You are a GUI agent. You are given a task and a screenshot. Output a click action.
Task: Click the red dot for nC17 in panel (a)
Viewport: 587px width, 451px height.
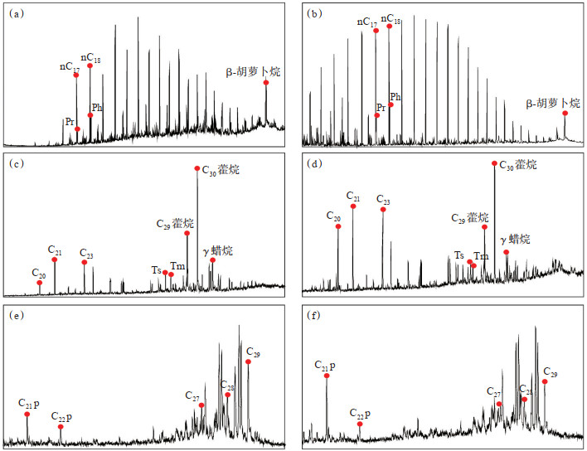[x=76, y=75]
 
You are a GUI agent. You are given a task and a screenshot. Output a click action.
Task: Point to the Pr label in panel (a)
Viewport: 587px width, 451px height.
[x=70, y=122]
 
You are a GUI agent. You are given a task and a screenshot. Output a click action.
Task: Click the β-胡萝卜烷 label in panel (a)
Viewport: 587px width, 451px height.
[x=254, y=72]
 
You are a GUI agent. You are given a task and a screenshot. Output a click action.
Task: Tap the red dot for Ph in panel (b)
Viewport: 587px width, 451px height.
[x=391, y=105]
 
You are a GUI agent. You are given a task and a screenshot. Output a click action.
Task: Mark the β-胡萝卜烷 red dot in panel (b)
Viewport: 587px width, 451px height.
[x=565, y=113]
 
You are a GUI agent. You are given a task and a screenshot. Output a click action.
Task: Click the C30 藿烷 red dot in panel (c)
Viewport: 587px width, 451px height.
[x=197, y=168]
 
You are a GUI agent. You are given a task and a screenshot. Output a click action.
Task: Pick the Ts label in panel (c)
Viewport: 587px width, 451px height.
[x=156, y=269]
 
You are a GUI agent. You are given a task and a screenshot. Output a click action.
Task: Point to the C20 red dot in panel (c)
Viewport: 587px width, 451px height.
[x=40, y=284]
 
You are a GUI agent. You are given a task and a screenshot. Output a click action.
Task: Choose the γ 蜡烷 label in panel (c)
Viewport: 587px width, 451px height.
[x=217, y=250]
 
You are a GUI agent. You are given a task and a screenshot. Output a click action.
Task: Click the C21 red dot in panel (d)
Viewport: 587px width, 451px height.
[x=353, y=206]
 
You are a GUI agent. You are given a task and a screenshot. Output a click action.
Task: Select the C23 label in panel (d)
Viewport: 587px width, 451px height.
[x=383, y=199]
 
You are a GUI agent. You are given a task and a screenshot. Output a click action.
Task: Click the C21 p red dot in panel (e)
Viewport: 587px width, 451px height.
[x=27, y=415]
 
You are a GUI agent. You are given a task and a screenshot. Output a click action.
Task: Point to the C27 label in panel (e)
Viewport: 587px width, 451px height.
[x=192, y=395]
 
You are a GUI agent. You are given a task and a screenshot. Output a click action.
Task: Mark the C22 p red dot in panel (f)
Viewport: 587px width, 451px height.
[x=360, y=424]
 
